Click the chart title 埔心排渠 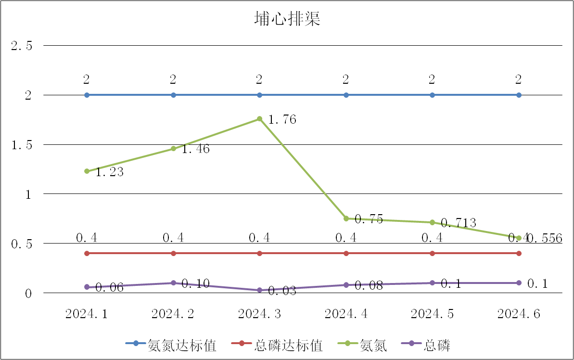coord(287,20)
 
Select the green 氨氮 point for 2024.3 coord(259,119)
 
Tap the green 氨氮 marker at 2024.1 coord(87,171)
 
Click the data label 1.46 coord(195,149)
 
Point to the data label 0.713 coord(459,223)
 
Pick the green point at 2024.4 coord(346,219)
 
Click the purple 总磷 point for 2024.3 coord(259,290)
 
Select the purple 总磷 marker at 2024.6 coord(519,283)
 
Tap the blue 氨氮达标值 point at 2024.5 coord(432,95)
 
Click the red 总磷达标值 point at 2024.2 coord(173,253)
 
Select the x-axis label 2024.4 coord(346,314)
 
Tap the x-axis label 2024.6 coord(519,314)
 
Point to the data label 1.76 coord(282,119)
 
